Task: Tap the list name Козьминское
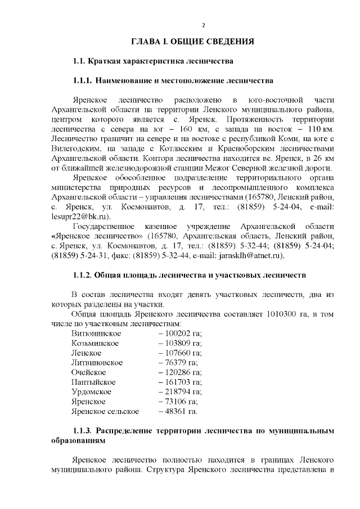pos(94,343)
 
